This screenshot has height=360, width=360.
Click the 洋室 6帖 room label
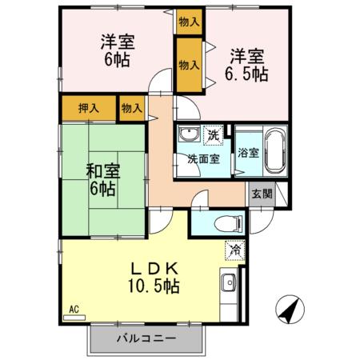point(116,50)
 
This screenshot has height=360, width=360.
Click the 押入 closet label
point(89,108)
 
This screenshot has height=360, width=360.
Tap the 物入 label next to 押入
point(130,108)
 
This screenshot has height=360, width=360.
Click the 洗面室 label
point(203,158)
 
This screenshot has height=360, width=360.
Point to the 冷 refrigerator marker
point(235,249)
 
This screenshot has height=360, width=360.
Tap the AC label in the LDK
point(73,309)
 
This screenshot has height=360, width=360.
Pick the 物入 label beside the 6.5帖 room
point(189,64)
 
